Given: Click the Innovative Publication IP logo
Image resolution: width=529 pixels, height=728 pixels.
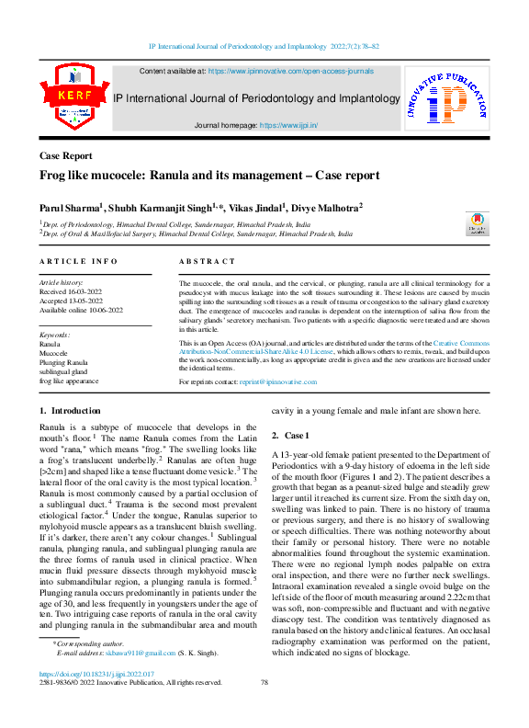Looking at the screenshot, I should tap(448, 100).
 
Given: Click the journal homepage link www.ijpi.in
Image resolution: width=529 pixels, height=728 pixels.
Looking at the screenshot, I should tap(289, 124).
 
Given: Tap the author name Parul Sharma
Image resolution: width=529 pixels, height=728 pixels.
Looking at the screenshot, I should tap(70, 208).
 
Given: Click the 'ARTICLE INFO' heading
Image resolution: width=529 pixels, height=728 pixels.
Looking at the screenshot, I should tap(78, 262).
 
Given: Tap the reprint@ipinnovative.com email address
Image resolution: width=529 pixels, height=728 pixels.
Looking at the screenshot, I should tap(276, 405).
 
